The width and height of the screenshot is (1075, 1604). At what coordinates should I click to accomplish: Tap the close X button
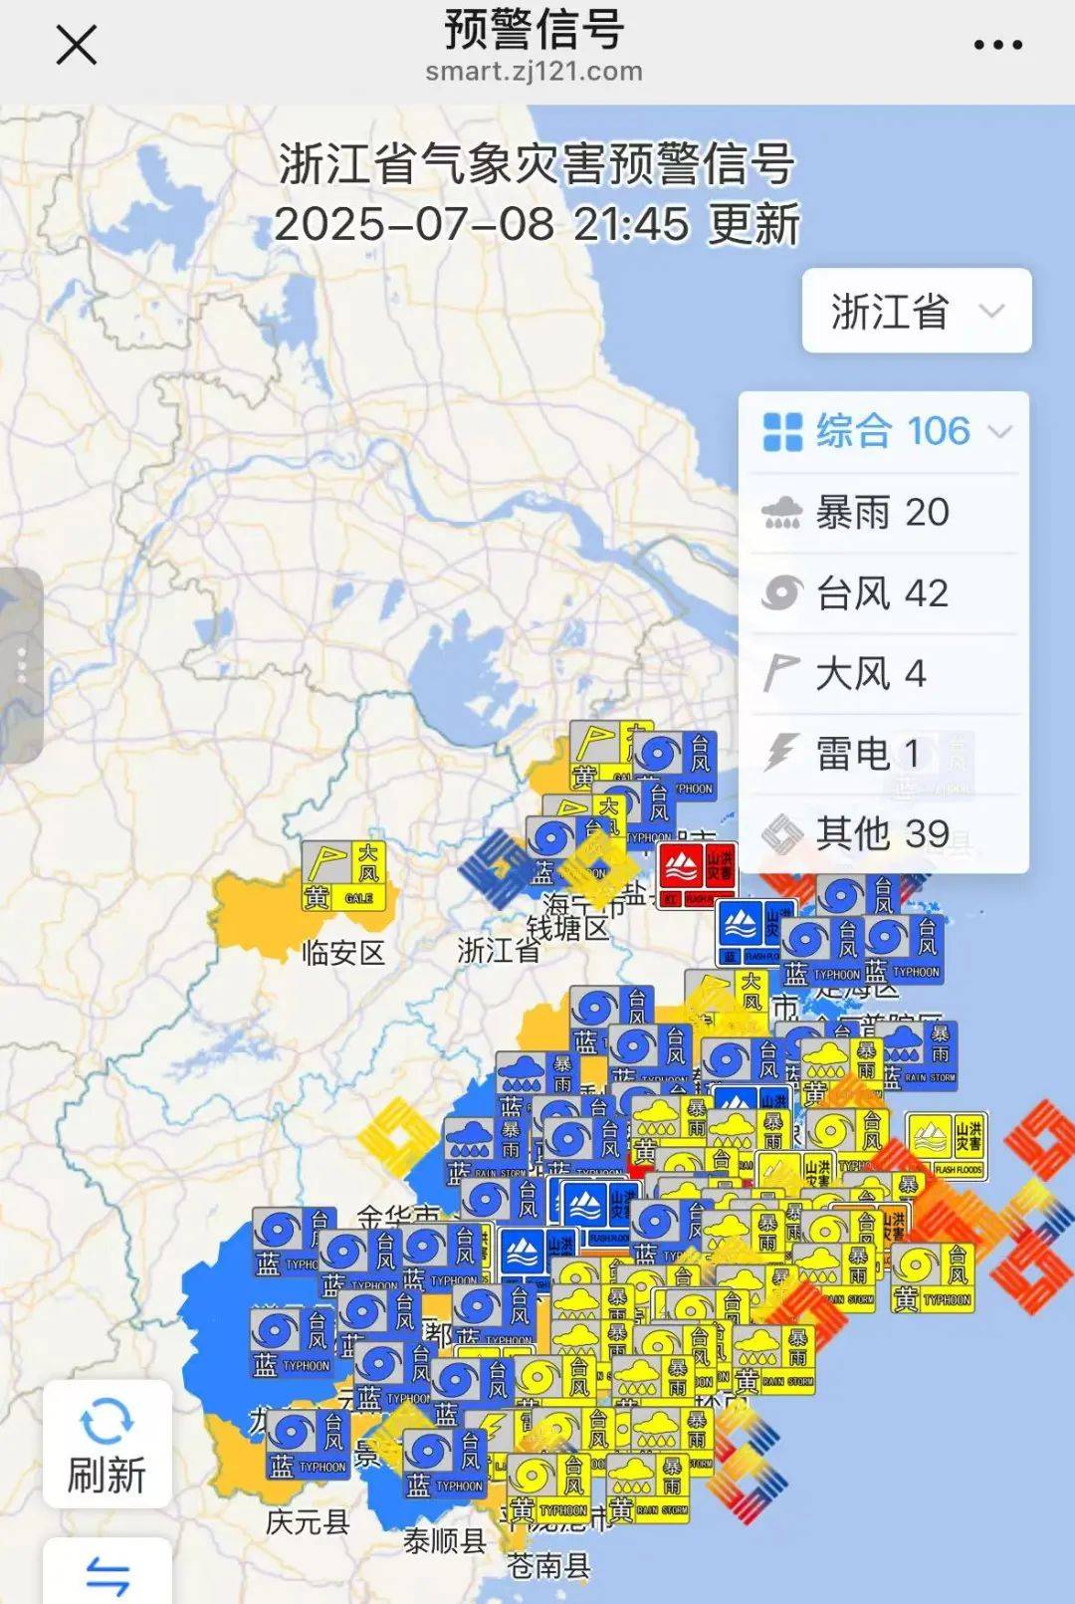coord(76,45)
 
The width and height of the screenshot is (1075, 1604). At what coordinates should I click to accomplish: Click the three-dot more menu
coord(997,45)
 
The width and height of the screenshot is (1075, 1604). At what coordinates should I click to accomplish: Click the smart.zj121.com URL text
coord(534,72)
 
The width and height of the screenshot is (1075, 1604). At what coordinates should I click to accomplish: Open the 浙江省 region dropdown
coord(917,311)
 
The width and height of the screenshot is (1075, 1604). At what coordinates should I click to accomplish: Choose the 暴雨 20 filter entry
coord(882,513)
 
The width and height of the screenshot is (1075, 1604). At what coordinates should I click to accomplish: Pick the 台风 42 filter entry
coord(882,593)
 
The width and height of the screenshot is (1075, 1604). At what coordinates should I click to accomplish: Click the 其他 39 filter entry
coord(882,833)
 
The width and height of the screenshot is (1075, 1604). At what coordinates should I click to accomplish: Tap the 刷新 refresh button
coord(107,1444)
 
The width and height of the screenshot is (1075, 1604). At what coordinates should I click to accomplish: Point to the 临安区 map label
coord(343,953)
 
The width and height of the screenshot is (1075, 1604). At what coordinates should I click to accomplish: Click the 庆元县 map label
coord(308,1522)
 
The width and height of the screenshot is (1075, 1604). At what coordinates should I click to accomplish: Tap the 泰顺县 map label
coord(445,1541)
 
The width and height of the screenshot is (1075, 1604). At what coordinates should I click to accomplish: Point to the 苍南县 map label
coord(548,1566)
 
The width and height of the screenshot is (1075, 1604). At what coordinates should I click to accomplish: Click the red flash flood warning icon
coord(698,874)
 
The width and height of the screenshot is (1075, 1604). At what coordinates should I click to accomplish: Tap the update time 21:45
coord(631,224)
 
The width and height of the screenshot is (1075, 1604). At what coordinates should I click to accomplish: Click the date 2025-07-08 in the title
coord(414,224)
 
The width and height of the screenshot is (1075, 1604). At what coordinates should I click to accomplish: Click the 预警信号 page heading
coord(534,30)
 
